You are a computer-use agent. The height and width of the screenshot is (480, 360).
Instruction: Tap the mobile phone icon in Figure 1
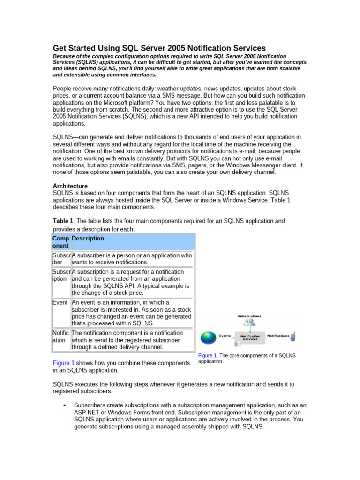pos(293,336)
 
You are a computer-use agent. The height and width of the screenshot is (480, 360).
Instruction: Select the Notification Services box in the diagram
pos(250,337)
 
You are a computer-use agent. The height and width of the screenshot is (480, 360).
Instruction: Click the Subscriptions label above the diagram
pos(249,316)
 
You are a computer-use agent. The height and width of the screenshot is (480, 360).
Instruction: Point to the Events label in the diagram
pos(225,335)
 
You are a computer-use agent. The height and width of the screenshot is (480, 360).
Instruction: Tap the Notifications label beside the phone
pos(278,335)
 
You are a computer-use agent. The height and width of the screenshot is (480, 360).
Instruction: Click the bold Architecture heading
pos(70,186)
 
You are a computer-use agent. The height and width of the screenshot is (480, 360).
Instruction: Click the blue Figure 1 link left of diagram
pos(64,363)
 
